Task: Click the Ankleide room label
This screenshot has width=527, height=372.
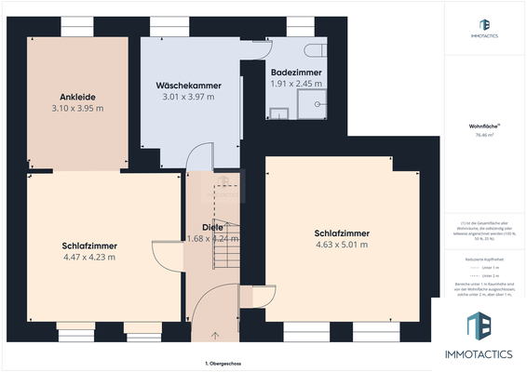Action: pyautogui.click(x=78, y=96)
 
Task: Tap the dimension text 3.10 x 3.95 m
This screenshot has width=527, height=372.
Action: pyautogui.click(x=78, y=108)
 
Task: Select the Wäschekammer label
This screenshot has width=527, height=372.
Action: pyautogui.click(x=187, y=85)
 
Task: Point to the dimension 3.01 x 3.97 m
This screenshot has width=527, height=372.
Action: pyautogui.click(x=187, y=97)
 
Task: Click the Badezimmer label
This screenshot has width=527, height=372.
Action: pyautogui.click(x=296, y=72)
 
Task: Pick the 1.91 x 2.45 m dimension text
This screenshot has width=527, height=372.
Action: pyautogui.click(x=296, y=83)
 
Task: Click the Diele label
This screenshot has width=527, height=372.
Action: pyautogui.click(x=212, y=227)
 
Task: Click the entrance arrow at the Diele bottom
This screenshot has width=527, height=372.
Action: pyautogui.click(x=215, y=335)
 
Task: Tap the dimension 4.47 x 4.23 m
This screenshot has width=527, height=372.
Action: pyautogui.click(x=88, y=257)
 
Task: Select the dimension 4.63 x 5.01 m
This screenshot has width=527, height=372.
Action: pyautogui.click(x=341, y=245)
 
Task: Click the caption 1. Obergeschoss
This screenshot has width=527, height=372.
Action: pyautogui.click(x=223, y=362)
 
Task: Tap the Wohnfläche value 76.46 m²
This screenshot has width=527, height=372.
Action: pyautogui.click(x=483, y=135)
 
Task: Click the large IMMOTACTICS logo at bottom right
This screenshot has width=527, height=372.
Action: pyautogui.click(x=483, y=336)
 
